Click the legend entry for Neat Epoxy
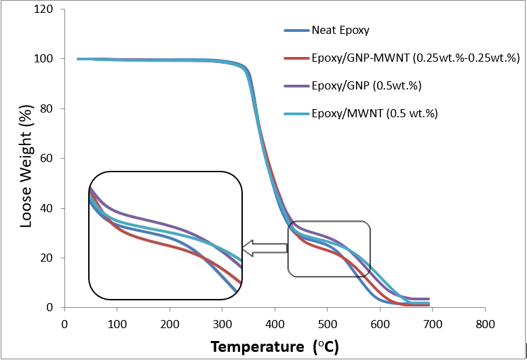[x=340, y=31]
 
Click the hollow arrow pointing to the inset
[x=265, y=249]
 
